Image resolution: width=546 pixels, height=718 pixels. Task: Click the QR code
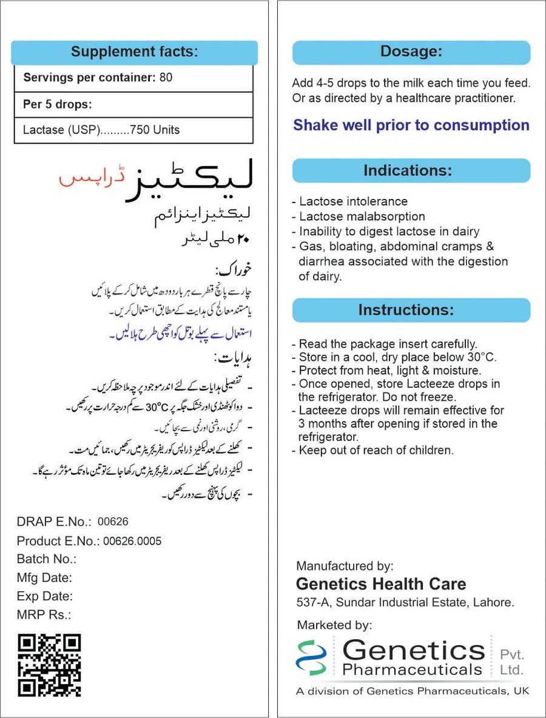click(x=49, y=665)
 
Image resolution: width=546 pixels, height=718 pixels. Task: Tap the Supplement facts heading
click(x=134, y=52)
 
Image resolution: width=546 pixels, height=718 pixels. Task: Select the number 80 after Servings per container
click(x=166, y=78)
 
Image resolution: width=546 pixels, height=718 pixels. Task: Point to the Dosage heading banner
click(x=411, y=52)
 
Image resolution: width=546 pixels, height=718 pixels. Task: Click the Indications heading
click(x=407, y=170)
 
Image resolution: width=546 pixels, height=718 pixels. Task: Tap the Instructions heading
click(x=406, y=310)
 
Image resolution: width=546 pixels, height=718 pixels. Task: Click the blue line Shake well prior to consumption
click(x=411, y=126)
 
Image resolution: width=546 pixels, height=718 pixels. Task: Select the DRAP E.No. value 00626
click(x=113, y=522)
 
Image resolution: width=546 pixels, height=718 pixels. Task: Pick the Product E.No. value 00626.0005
click(x=132, y=541)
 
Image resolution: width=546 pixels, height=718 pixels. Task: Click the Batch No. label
click(x=46, y=559)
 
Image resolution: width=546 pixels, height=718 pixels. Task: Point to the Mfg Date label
click(x=44, y=578)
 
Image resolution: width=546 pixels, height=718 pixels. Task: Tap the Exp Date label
click(x=44, y=596)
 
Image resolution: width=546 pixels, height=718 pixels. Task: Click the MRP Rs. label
click(x=44, y=614)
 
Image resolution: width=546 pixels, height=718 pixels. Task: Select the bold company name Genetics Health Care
click(x=381, y=584)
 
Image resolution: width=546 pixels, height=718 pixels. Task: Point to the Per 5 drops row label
click(x=58, y=104)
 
